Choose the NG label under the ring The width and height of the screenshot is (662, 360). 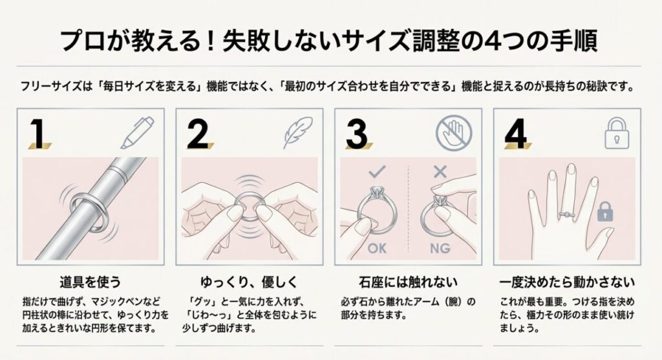pos(440,248)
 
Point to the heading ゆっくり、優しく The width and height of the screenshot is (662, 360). pos(249,282)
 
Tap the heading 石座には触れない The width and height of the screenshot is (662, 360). pos(408,282)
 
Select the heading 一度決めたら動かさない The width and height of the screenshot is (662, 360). pos(567,282)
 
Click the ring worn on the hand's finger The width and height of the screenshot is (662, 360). pos(566,215)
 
